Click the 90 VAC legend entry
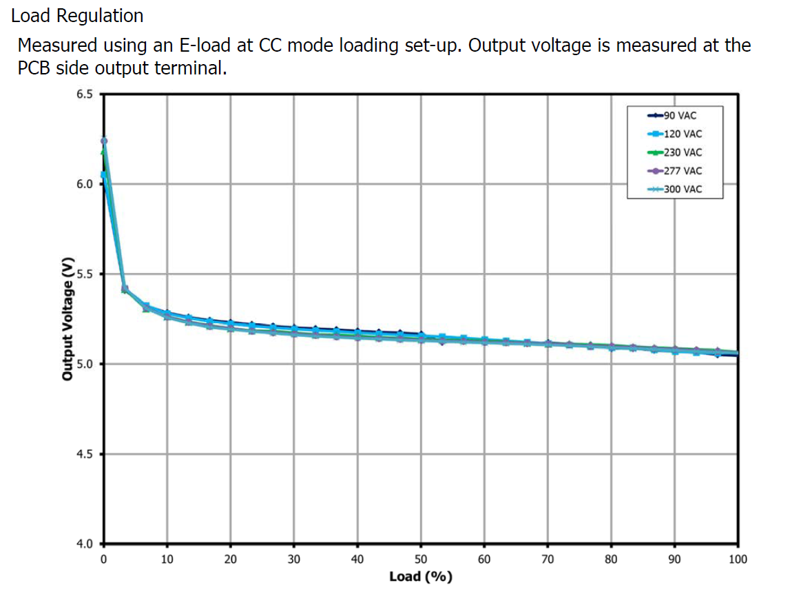pos(678,115)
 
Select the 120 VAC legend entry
pos(680,134)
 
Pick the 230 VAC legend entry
pos(680,152)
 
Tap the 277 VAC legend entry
pos(680,170)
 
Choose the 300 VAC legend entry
pos(680,189)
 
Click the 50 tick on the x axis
pos(421,559)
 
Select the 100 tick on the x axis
pos(738,559)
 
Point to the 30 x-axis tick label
pos(294,559)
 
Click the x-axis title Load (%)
pos(421,576)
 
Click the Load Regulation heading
pos(77,15)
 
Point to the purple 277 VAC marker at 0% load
pos(104,141)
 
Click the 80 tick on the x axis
pos(611,559)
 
